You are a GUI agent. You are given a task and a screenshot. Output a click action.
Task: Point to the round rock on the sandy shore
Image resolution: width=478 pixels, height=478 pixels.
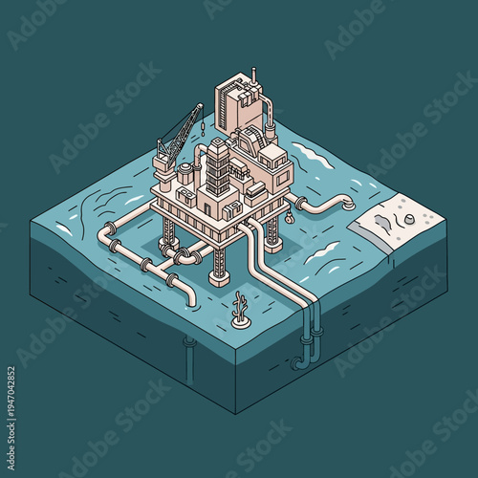tap(409, 219)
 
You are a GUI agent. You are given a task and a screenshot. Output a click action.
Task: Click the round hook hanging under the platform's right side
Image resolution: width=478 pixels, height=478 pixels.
tap(285, 221)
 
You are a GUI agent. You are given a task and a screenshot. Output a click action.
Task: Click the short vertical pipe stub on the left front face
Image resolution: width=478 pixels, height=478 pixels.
tap(189, 342)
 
